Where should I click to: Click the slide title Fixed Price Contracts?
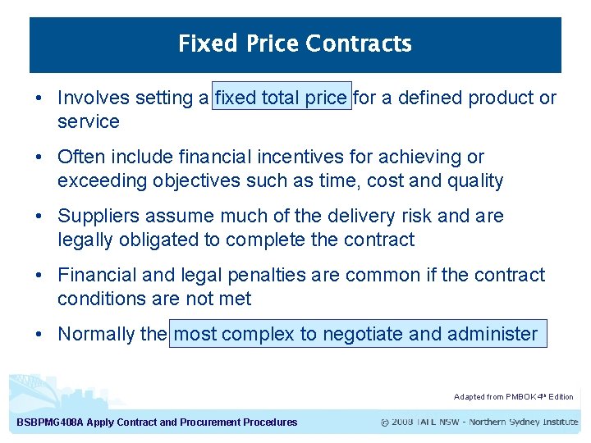(295, 43)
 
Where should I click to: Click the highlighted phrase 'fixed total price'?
(282, 98)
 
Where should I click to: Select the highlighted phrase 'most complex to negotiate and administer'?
(358, 334)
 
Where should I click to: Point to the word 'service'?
(89, 122)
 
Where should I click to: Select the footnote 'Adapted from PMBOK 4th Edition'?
(514, 397)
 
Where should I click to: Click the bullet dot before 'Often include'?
(39, 157)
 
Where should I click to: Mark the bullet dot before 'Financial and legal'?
(39, 275)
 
